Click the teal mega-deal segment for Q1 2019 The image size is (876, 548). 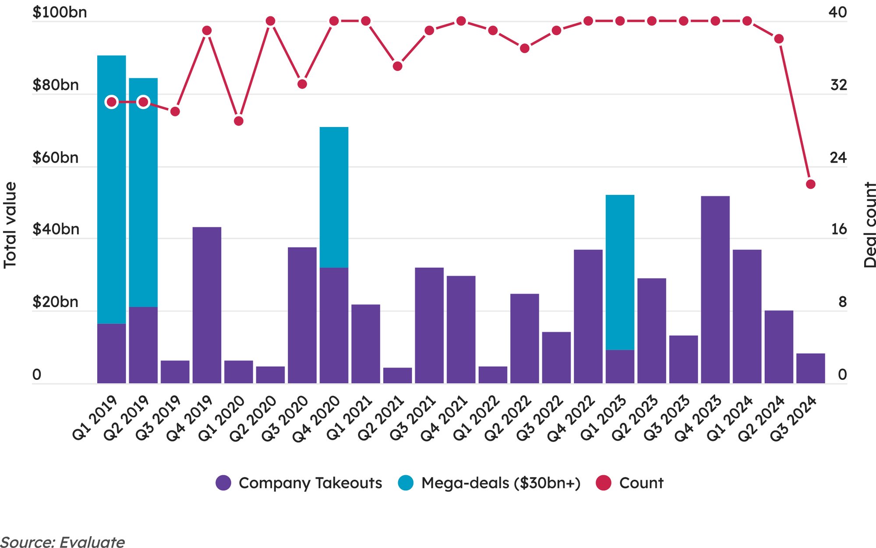pyautogui.click(x=111, y=188)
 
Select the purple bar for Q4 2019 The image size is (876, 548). pyautogui.click(x=207, y=305)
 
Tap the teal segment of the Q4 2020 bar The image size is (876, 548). pyautogui.click(x=334, y=197)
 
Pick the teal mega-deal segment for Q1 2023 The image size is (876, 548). pyautogui.click(x=620, y=272)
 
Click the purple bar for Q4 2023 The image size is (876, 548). pyautogui.click(x=715, y=290)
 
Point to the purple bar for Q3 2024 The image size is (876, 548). pyautogui.click(x=810, y=368)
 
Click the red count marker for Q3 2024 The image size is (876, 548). pyautogui.click(x=810, y=184)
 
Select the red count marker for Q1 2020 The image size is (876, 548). pyautogui.click(x=239, y=121)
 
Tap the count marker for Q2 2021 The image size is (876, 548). pyautogui.click(x=397, y=66)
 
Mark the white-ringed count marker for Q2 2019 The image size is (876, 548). pyautogui.click(x=143, y=102)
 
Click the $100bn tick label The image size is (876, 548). pyautogui.click(x=60, y=12)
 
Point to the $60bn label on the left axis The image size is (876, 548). pyautogui.click(x=56, y=158)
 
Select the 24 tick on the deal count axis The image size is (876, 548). pyautogui.click(x=838, y=158)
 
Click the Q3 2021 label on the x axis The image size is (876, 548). pyautogui.click(x=413, y=418)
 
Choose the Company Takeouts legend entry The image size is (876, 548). pyautogui.click(x=299, y=483)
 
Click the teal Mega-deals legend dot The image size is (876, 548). pyautogui.click(x=406, y=483)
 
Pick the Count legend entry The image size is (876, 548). pyautogui.click(x=630, y=483)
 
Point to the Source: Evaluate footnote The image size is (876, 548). pyautogui.click(x=63, y=542)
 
